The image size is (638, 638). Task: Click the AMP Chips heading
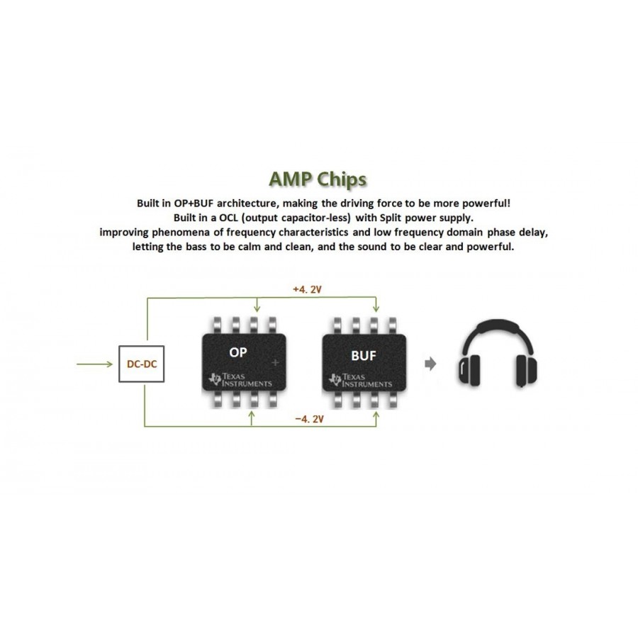point(318,179)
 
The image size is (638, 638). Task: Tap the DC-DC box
point(142,364)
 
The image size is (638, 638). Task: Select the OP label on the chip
point(238,352)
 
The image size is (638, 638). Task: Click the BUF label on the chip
point(364,356)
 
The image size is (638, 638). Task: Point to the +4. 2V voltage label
point(307,289)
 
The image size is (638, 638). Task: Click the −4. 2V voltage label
point(309,419)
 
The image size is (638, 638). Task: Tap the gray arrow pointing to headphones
point(430,364)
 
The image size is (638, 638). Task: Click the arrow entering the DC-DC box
point(94,364)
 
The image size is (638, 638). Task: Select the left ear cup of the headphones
point(469,369)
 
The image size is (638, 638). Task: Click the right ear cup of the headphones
point(527,370)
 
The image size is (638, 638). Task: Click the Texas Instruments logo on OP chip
point(240,380)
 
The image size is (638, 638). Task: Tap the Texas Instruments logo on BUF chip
point(360,380)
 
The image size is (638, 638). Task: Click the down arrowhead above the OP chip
point(257,309)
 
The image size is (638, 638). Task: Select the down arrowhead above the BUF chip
point(376,309)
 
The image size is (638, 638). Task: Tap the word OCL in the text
point(228,218)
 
